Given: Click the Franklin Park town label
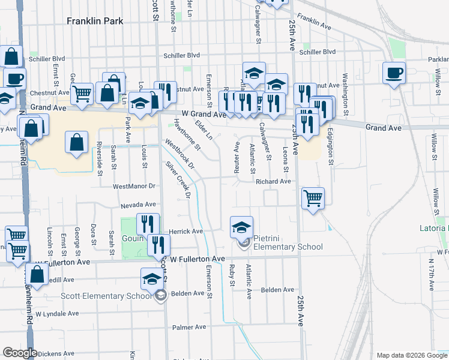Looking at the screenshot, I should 95,21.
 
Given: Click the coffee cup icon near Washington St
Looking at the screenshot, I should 394,73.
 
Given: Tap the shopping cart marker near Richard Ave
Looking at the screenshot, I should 313,197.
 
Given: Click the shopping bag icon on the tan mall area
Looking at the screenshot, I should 77,143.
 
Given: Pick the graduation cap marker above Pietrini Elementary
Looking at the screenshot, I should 241,227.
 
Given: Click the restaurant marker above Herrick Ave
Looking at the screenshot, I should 147,224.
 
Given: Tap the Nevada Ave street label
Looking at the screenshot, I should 137,205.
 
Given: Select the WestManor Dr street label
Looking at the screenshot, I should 134,187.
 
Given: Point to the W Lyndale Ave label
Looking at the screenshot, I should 56,313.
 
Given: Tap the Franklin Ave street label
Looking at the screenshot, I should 314,23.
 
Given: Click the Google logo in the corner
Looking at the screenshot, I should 19,353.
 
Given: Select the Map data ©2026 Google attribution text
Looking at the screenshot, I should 411,355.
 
